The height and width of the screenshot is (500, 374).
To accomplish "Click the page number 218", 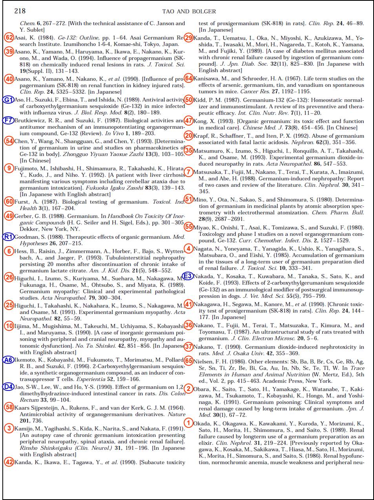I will coord(20,11).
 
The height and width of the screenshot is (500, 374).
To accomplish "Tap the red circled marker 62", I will coord(9,38).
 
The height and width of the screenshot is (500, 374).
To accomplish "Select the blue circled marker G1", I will coord(8,100).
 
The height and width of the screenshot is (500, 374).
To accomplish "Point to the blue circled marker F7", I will coord(8,120).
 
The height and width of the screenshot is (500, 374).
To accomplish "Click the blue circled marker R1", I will coord(8,237).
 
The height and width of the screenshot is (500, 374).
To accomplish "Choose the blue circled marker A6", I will coord(8,360).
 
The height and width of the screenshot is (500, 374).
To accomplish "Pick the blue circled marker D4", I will coord(8,387).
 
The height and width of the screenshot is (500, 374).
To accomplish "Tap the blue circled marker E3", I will coord(188,276).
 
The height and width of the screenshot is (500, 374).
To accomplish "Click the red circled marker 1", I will coord(188,423).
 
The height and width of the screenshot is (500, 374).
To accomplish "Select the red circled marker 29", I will coord(188,38).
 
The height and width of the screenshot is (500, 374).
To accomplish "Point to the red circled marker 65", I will coord(188,361).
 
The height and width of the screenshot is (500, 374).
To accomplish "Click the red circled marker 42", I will coord(9,462).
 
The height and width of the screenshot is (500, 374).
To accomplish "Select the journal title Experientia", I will coord(90,380).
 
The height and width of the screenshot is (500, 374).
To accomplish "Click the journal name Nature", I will coord(176,414).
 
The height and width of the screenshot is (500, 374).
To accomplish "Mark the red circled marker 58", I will coord(9,407).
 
